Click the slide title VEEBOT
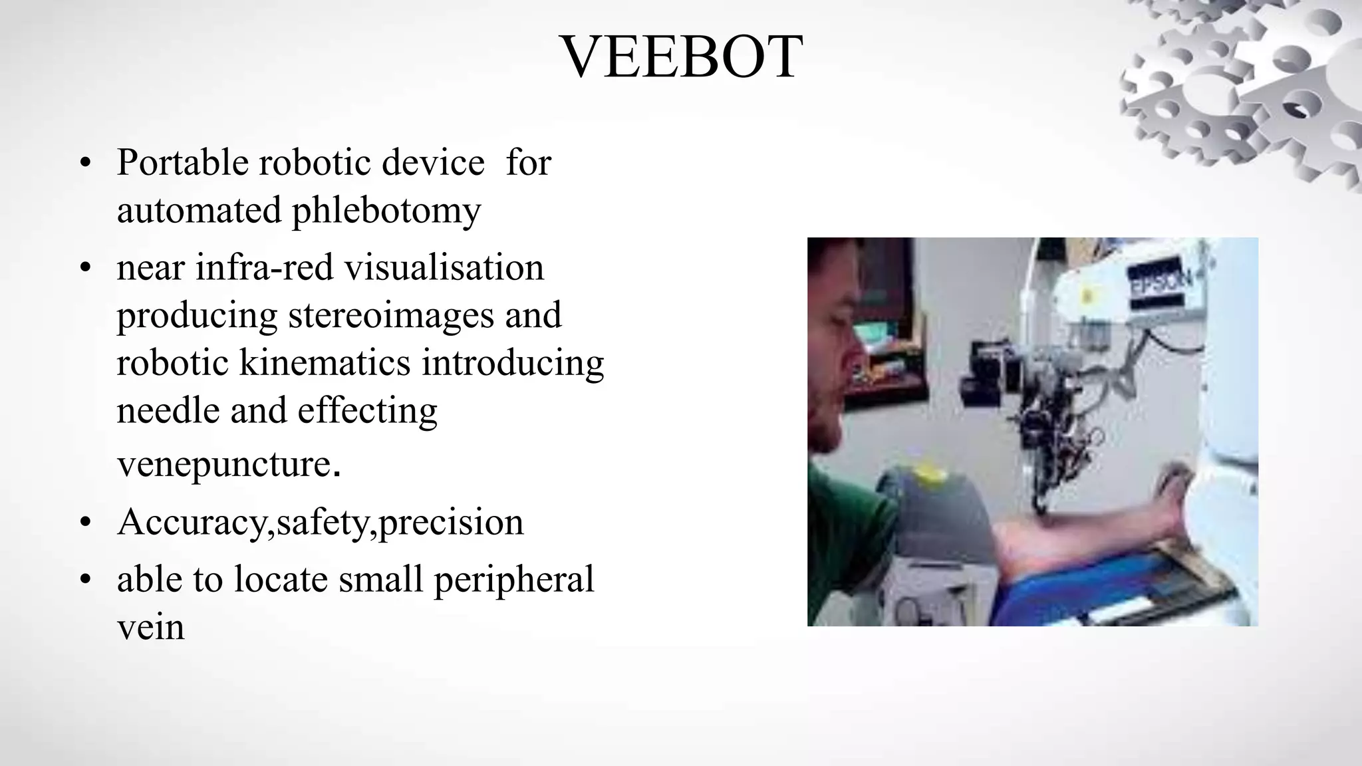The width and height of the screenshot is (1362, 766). [682, 57]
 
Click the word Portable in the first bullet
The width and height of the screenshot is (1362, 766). [182, 162]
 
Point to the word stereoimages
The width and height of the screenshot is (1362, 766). [391, 315]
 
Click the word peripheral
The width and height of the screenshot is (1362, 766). [513, 579]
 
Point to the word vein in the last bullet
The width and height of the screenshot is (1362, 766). [150, 627]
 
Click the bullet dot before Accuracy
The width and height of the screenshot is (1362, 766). [84, 523]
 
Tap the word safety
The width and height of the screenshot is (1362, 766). [322, 523]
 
